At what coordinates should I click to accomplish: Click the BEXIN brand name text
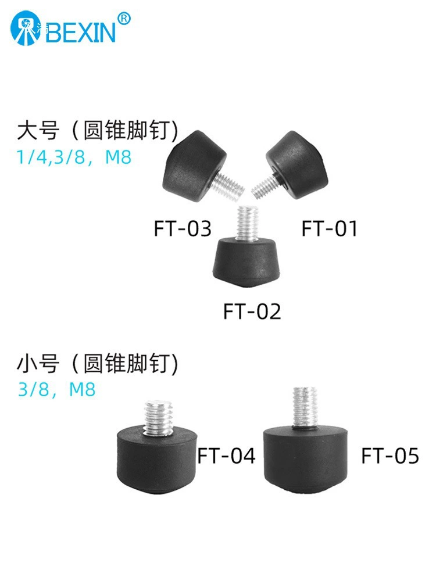click(x=82, y=32)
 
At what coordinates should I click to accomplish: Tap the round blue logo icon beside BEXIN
click(x=25, y=28)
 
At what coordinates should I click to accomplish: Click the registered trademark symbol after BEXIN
click(x=124, y=18)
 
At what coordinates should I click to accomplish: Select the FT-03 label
click(x=183, y=228)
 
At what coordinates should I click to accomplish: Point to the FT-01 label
click(x=329, y=228)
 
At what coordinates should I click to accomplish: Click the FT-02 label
click(x=252, y=311)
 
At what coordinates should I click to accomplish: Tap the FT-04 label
click(x=226, y=456)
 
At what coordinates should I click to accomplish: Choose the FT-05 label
click(x=390, y=456)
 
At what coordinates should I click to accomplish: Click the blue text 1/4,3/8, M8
click(x=74, y=157)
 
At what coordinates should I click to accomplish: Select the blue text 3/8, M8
click(x=57, y=389)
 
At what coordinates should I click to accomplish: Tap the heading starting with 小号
click(x=98, y=363)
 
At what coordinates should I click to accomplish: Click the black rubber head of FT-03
click(x=194, y=165)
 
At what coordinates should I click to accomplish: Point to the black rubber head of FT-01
click(x=297, y=164)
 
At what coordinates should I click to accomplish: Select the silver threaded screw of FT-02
click(x=248, y=224)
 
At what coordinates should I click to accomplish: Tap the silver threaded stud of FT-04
click(x=158, y=418)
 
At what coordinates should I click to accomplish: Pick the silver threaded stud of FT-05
click(x=305, y=407)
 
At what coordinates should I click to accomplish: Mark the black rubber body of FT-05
click(x=306, y=460)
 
